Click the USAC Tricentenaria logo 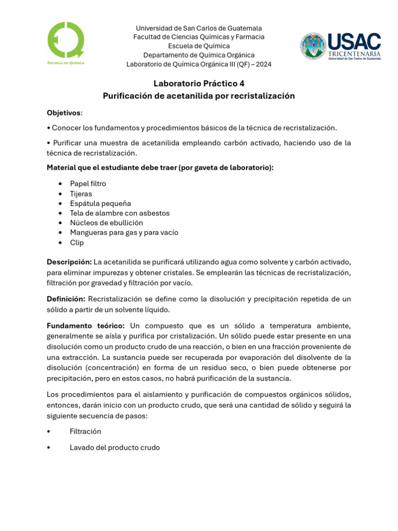coord(340,46)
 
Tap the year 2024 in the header coord(263,64)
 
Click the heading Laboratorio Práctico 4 coord(198,83)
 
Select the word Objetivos coord(64,113)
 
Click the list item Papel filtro coord(88,184)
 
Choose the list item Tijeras coord(81,193)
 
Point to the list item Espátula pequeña coord(101,203)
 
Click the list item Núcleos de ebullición coord(106,222)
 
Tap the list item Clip coord(77,242)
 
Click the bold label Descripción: coord(69,262)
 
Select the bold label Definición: coord(66,299)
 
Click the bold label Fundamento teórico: coord(86,326)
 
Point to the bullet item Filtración coord(86,431)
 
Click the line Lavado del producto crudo coord(115,448)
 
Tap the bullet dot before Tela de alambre coord(61,213)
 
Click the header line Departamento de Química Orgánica coord(198,55)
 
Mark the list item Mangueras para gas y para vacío coord(124,232)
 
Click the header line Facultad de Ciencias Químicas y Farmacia coord(198,37)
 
